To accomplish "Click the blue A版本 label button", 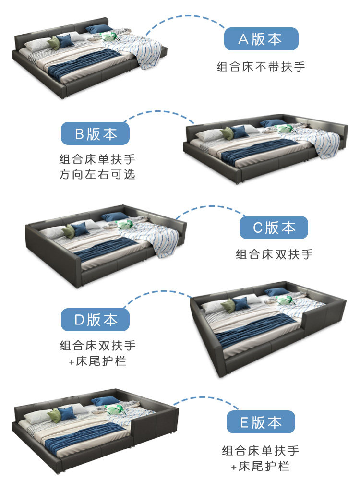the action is pyautogui.click(x=261, y=39).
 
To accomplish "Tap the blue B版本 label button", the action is pyautogui.click(x=95, y=133).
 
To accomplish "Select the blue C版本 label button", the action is pyautogui.click(x=274, y=228).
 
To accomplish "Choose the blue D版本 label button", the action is pyautogui.click(x=95, y=320).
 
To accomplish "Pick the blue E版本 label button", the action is pyautogui.click(x=261, y=422).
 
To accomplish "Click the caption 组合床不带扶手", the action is pyautogui.click(x=261, y=67).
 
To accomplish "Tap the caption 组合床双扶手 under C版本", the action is pyautogui.click(x=274, y=254).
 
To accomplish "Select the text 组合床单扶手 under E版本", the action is pyautogui.click(x=261, y=451).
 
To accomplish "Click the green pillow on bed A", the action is pyautogui.click(x=53, y=43).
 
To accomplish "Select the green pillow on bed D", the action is pyautogui.click(x=228, y=305).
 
